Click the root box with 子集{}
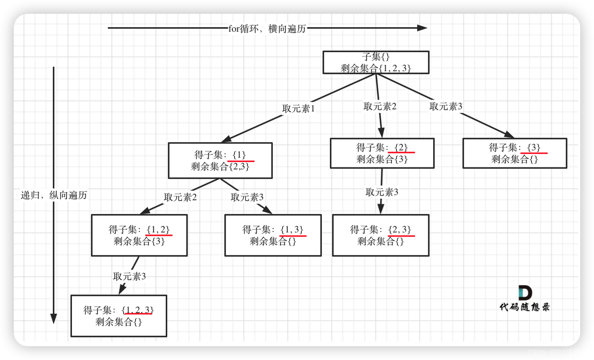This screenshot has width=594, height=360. pos(376,62)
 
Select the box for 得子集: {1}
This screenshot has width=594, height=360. pos(220,160)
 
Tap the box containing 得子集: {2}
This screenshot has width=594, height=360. pos(382,153)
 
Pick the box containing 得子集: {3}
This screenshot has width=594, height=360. pos(514,153)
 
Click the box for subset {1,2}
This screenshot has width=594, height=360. pos(139,235)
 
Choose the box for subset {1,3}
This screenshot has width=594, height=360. pos(273,235)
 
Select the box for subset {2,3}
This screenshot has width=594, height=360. pos(380,235)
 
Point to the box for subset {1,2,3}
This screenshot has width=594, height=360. pos(119,316)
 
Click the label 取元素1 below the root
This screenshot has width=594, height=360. pos(298,109)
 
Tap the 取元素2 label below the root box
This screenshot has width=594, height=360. pos(380,106)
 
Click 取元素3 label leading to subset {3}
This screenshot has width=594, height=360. pos(445,106)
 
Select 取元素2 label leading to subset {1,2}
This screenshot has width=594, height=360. pos(180,197)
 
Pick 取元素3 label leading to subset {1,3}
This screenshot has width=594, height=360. pos(247,197)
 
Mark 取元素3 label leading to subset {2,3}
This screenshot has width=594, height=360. pos(382,192)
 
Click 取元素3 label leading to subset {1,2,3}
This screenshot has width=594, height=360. pos(129,277)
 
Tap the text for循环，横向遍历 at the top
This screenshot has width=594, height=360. pos(267,29)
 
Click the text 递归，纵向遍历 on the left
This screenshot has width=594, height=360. pos(54,195)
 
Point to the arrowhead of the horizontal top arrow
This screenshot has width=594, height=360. pos(423,28)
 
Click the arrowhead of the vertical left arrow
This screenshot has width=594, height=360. pos(54,319)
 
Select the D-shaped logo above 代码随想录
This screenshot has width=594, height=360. pos(525,293)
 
